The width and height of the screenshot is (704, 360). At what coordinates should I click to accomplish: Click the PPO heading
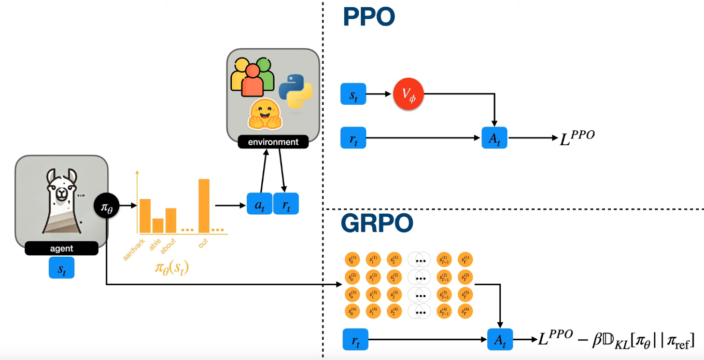pos(369,17)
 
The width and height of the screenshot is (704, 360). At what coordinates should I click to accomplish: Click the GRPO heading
pos(377,223)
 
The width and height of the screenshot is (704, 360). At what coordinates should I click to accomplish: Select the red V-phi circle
pos(409,94)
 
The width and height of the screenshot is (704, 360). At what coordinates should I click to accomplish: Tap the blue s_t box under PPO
pos(353,94)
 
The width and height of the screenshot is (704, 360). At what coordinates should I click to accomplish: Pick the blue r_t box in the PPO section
pos(353,138)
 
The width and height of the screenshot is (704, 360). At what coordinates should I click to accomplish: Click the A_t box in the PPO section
pos(494,138)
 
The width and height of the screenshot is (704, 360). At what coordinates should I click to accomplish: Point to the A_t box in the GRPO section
pos(500,340)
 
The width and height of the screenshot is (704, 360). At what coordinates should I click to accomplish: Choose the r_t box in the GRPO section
pos(356,340)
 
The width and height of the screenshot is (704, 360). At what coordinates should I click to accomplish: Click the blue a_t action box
pos(260,204)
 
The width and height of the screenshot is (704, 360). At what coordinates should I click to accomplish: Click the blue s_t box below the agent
pos(62,268)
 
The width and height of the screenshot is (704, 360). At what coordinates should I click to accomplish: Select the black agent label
pos(61,249)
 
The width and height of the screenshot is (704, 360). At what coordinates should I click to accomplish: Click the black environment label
pos(273,142)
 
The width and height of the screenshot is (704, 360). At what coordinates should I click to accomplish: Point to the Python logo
pos(295,91)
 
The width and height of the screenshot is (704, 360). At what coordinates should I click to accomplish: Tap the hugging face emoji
pos(264,114)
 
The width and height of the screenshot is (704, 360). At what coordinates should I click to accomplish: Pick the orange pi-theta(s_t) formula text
pos(172,268)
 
